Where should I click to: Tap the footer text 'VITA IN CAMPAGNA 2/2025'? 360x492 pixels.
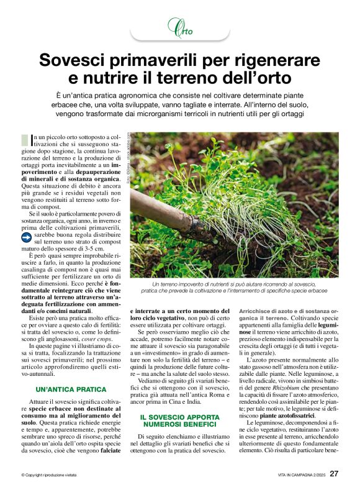click(300, 475)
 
